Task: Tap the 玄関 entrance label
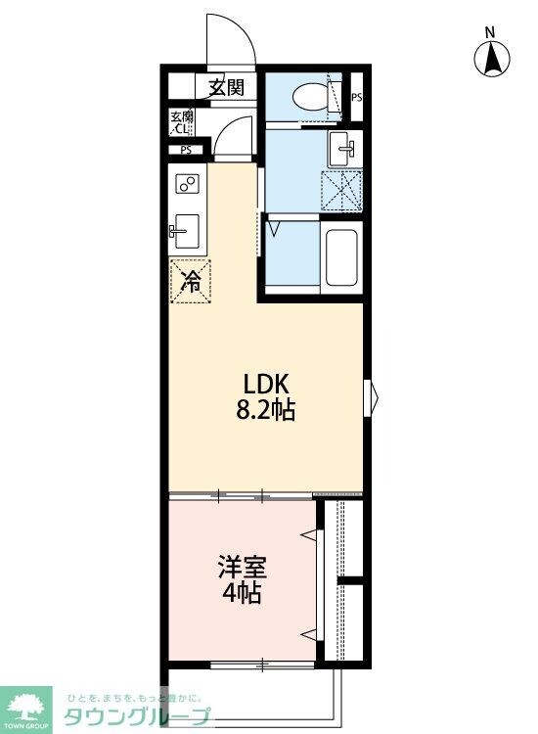click(224, 88)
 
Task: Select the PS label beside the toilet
click(357, 97)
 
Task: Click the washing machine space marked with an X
click(343, 190)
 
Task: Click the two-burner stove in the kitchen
click(187, 183)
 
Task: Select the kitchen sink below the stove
click(183, 231)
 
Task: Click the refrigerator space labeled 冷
click(191, 282)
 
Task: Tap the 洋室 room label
click(242, 567)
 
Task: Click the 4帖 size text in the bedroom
click(242, 593)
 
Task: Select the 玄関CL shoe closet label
click(183, 121)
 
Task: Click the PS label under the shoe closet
click(185, 150)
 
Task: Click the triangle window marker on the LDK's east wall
click(371, 396)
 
